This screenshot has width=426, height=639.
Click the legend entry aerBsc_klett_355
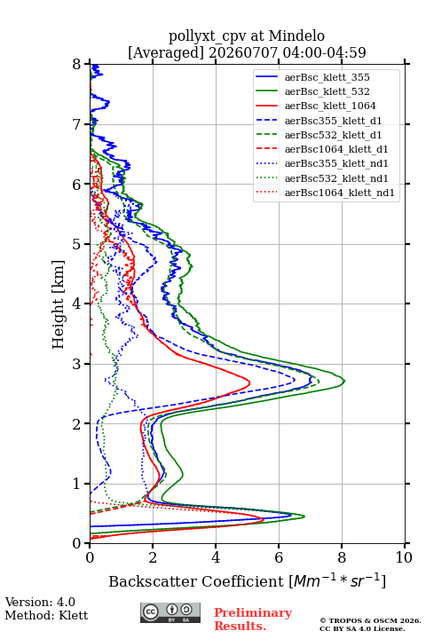pos(327,77)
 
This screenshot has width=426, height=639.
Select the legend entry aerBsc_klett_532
pos(327,91)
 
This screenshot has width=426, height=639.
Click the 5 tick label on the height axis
pos(77,244)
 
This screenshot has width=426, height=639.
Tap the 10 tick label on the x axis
pos(404,557)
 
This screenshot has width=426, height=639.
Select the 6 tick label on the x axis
pos(279,557)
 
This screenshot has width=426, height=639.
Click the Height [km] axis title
pos(58,304)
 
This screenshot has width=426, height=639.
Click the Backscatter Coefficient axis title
pos(247,580)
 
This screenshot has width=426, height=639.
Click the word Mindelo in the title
pos(296,35)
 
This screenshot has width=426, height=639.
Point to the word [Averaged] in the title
pos(166,52)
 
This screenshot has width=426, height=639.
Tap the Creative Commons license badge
pos(170,612)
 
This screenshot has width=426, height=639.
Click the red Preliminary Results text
pos(253,619)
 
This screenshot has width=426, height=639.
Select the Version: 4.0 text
pos(40,602)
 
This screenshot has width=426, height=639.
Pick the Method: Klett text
pos(46,615)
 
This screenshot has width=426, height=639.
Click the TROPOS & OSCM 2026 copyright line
pos(370,620)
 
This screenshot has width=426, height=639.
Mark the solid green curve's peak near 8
pos(344,381)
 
